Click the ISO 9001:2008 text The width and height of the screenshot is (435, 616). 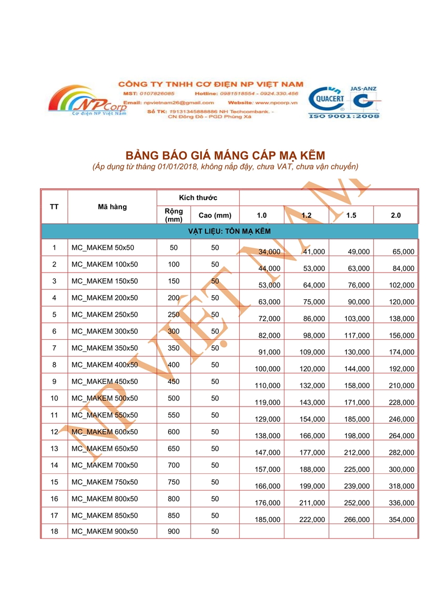(x=344, y=117)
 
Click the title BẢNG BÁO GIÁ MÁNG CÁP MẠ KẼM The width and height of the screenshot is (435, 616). (x=225, y=155)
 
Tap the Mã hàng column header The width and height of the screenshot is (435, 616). (x=112, y=207)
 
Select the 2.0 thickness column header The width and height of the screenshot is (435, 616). (x=396, y=215)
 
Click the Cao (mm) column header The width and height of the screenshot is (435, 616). (x=215, y=216)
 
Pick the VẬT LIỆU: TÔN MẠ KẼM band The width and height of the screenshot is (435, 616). (x=229, y=232)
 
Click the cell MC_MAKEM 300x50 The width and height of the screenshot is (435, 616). (x=105, y=331)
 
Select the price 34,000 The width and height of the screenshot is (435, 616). (x=270, y=252)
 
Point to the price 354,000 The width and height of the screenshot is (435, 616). (x=402, y=519)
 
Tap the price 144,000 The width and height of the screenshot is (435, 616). (x=357, y=369)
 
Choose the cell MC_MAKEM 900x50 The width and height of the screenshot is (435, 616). (x=105, y=532)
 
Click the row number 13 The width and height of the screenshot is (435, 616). (x=54, y=448)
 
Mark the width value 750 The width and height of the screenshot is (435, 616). (x=174, y=482)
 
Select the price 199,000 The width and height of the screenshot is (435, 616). (x=313, y=486)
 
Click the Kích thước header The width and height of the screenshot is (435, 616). (x=198, y=198)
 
